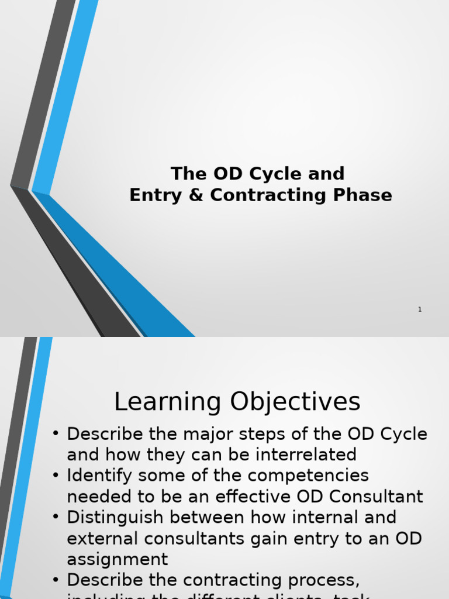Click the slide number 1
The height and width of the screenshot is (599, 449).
(420, 309)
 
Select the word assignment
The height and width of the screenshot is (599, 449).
(117, 560)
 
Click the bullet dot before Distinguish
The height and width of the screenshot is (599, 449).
(56, 518)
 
